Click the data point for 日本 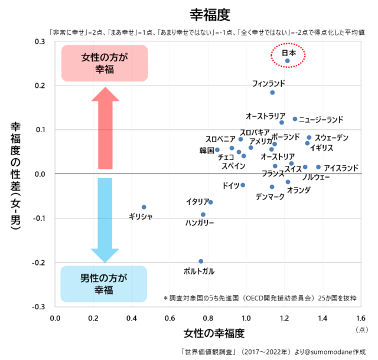[288, 61]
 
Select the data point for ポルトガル [201, 261]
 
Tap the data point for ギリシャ [144, 207]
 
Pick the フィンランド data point [272, 93]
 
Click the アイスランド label [341, 168]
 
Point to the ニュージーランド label [321, 120]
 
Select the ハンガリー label [200, 224]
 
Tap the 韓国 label [206, 150]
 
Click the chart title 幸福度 [209, 14]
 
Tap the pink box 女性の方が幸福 [105, 63]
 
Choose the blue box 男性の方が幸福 [104, 283]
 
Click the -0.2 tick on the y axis [38, 263]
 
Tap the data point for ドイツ [243, 185]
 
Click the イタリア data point [211, 202]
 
